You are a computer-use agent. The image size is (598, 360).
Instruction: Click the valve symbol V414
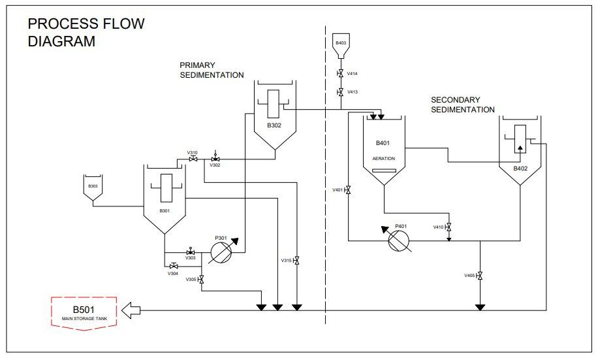coord(340,74)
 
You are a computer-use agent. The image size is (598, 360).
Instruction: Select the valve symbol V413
coord(340,92)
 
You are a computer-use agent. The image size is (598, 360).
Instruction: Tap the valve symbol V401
coord(347,190)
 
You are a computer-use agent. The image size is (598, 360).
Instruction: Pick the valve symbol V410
coord(448,227)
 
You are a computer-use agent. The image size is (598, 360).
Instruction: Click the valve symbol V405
coord(480,276)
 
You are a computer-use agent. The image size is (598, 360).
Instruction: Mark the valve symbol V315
coord(296,261)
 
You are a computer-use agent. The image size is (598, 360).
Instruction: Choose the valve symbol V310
coord(193,159)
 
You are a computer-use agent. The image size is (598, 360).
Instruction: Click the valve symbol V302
coord(215,159)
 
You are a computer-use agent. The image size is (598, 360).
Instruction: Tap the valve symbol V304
coord(174,266)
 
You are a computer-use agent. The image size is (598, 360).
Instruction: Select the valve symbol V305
coord(200,280)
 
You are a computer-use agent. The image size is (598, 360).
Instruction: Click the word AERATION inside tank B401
coord(383,159)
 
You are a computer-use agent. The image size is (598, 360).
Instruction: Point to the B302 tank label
coord(274,125)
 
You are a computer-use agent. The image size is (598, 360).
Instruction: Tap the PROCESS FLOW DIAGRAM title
coord(86,33)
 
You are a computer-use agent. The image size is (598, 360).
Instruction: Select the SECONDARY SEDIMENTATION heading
coord(462,105)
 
